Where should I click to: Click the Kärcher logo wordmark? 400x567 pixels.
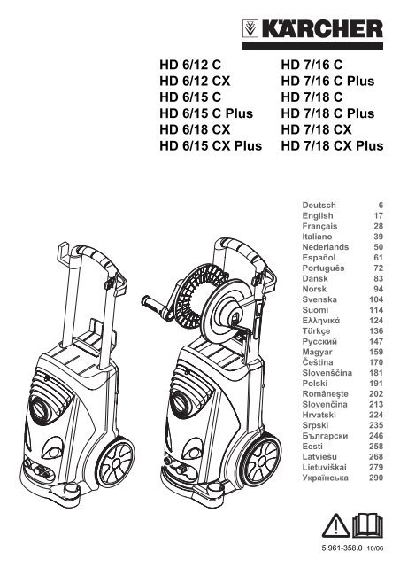point(322,29)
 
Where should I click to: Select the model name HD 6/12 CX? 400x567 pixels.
point(195,81)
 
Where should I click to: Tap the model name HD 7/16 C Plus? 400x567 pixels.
point(327,81)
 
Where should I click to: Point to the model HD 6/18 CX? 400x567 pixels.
point(195,129)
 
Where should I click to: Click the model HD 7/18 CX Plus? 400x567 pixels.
point(332,145)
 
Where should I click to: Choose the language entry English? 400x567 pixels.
point(318,216)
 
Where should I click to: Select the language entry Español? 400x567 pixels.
point(319,258)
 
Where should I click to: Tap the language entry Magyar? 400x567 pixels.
point(317,352)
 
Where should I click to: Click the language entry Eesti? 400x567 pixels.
point(312,447)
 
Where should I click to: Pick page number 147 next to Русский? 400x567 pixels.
point(376,341)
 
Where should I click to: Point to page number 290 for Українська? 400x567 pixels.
point(376,478)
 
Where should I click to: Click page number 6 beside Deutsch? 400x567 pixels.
point(381,206)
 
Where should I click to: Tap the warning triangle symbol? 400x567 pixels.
point(336,526)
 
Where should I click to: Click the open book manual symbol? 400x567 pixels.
point(367,525)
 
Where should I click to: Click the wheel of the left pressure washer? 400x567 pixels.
point(116,463)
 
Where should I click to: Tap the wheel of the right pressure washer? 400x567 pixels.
point(262,460)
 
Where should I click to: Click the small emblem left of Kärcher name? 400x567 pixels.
point(250,29)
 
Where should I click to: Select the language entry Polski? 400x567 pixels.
point(315,384)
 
